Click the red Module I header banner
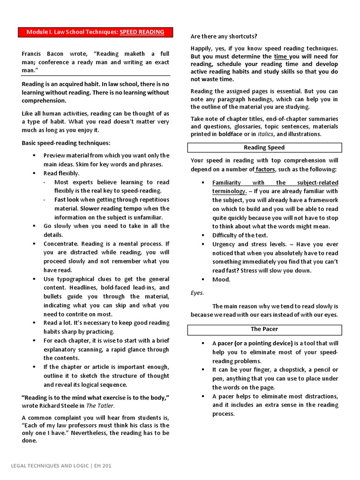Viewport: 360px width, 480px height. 96,32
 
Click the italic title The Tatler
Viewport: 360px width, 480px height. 100,406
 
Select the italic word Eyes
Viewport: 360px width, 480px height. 197,292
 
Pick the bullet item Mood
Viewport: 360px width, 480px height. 221,279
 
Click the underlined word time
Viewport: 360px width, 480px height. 281,56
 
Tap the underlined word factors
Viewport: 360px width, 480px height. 265,169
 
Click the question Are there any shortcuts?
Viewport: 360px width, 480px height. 224,36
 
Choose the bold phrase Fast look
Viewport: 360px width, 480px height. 67,200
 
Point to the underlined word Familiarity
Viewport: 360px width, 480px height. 226,182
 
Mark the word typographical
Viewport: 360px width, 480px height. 76,279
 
